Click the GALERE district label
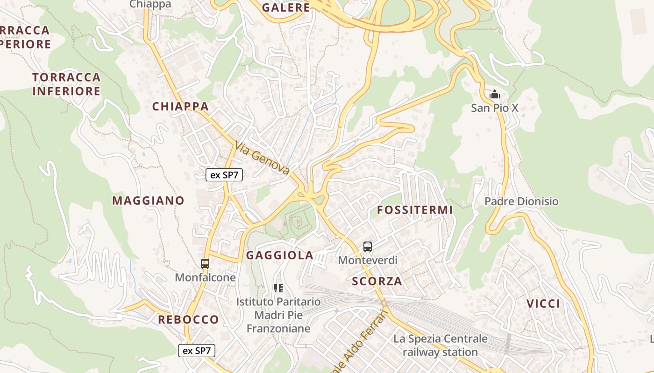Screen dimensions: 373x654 coord(286,7)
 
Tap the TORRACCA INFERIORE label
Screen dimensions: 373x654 coord(66,84)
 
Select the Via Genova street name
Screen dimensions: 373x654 coord(263,158)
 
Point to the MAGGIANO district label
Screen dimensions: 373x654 coord(149,200)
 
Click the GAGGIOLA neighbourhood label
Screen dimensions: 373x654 coord(279,255)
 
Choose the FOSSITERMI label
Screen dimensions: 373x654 coord(415,210)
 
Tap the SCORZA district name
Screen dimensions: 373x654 coord(377,281)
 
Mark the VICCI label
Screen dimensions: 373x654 coord(543,304)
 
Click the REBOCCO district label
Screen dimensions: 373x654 coord(188,319)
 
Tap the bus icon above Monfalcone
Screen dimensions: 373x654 coord(205,264)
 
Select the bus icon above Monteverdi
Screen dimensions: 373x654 coord(368,247)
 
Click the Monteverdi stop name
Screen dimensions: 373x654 coord(368,260)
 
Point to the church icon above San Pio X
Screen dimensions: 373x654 coord(495,95)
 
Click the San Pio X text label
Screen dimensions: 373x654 coord(495,108)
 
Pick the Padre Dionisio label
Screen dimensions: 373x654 coord(521,201)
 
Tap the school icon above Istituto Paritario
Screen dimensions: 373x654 coord(278,288)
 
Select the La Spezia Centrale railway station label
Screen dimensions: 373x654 coord(440,345)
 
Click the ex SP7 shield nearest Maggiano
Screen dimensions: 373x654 coord(224,175)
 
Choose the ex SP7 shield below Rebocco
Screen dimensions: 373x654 coord(197,351)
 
